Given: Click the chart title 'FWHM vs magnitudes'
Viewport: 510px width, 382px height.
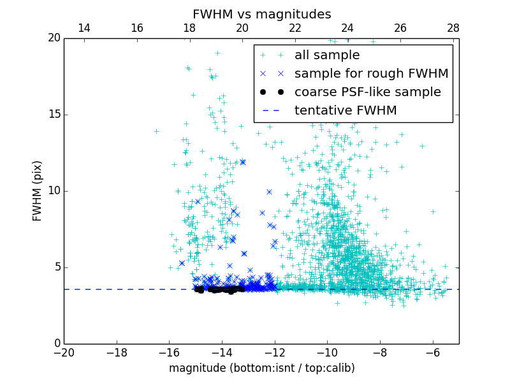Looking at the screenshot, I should (261, 14).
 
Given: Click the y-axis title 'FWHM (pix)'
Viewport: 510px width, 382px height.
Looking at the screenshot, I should (38, 191).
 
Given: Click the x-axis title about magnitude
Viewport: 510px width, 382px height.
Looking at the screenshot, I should (261, 368).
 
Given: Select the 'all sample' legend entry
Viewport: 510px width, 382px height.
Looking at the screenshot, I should (327, 55).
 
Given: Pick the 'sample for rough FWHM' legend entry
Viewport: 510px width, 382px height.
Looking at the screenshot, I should (371, 73).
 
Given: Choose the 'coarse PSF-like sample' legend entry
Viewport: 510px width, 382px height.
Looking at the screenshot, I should (367, 92).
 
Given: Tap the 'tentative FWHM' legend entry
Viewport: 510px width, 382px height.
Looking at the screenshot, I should (346, 110).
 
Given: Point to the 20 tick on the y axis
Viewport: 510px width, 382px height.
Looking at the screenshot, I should (53, 38).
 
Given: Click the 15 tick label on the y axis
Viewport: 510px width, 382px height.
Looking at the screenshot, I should (53, 115).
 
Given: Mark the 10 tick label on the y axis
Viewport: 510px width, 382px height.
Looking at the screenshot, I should (53, 191).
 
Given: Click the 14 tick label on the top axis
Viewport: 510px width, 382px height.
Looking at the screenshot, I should (84, 28).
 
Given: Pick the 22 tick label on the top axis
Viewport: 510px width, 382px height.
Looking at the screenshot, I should (295, 28).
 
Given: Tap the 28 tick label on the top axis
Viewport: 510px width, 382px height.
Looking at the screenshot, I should (453, 28).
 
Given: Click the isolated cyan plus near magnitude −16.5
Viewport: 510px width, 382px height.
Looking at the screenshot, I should (156, 131).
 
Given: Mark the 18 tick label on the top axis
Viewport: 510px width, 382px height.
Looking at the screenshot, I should (189, 28).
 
